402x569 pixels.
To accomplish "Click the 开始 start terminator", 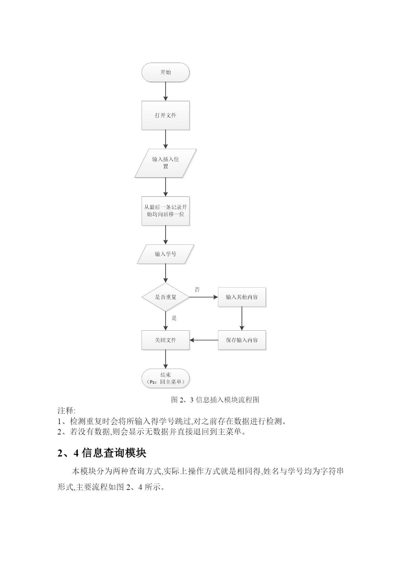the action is [x=166, y=72].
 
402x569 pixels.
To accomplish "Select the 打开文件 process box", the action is [x=166, y=115].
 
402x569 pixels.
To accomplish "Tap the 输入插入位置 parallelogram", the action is [x=166, y=163].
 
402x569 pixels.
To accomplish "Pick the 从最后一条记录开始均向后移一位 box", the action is [x=166, y=211].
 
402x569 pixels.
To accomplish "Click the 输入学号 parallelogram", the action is [x=166, y=254].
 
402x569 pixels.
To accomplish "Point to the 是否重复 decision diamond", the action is [x=166, y=297].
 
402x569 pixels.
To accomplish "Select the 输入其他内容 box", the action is [x=242, y=297].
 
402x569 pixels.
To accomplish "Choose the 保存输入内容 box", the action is [x=242, y=340].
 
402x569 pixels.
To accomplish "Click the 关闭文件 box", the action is [x=166, y=340].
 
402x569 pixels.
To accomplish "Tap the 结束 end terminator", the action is [x=166, y=378].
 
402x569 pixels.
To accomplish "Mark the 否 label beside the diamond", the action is [x=197, y=290].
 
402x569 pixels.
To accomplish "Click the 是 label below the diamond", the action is [x=174, y=318].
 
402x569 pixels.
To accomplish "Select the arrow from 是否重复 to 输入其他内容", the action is [x=204, y=297].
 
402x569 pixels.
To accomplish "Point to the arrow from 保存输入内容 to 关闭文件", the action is [x=204, y=340].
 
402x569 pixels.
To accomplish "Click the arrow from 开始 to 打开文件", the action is [x=166, y=91].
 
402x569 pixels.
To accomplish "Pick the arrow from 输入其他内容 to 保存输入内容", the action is [x=242, y=319].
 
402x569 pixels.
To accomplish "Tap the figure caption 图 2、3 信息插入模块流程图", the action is [x=215, y=400].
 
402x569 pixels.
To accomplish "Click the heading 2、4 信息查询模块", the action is [x=102, y=453].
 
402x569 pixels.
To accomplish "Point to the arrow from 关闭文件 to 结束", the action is [x=166, y=359].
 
